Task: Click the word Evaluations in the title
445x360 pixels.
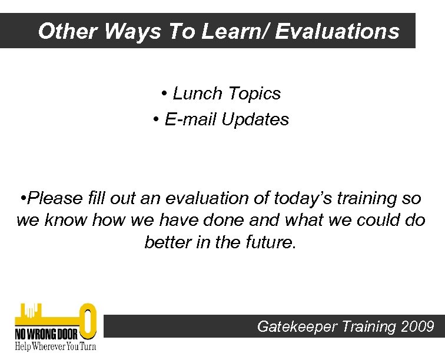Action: [337, 31]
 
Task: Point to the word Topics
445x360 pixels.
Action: [254, 94]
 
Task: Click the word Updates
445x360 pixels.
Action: [255, 119]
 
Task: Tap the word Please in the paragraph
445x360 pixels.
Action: [57, 199]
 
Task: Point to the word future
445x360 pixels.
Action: [270, 242]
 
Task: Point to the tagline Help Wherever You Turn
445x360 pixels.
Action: [55, 346]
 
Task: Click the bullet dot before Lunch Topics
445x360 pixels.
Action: [164, 94]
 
